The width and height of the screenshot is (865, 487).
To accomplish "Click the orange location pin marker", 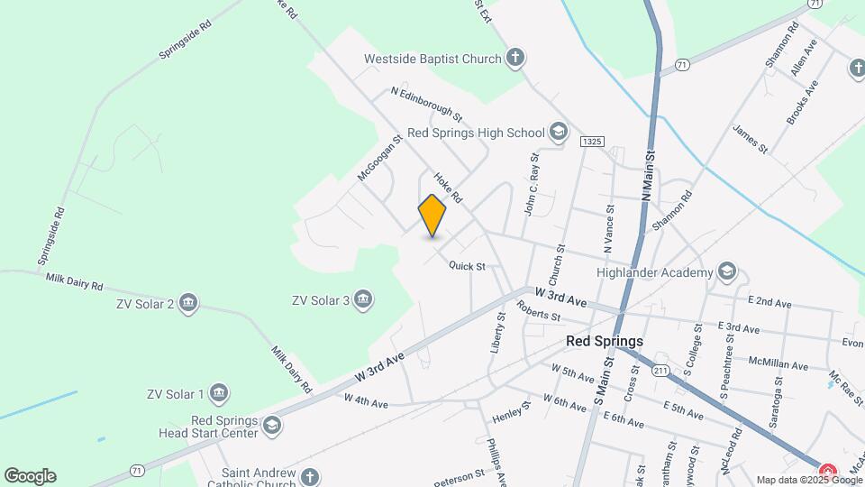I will [432, 215].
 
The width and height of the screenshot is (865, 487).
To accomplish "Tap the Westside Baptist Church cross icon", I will [515, 60].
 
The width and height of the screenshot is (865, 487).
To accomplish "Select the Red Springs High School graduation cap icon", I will [559, 133].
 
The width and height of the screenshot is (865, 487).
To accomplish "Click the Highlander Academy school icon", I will [727, 271].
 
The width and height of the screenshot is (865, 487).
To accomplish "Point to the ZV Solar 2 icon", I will [188, 302].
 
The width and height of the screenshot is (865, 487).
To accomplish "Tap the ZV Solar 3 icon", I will [363, 299].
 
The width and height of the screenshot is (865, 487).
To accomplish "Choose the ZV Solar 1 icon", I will [218, 393].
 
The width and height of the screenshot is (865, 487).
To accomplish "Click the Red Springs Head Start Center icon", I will [271, 425].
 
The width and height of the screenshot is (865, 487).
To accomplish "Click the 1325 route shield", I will [592, 142].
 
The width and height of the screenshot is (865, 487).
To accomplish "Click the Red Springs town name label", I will [605, 342].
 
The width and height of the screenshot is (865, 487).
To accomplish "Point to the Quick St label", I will [468, 266].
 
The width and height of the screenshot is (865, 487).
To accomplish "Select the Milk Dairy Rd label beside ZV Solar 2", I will [76, 280].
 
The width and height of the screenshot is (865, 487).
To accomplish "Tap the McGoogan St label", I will [378, 159].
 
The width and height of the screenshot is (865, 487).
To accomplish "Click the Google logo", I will [30, 476].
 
